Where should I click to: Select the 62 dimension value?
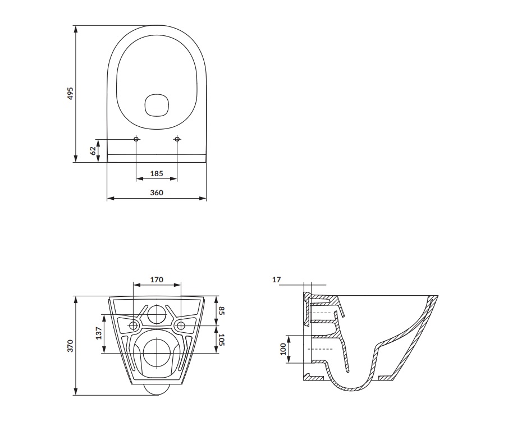(x=93, y=150)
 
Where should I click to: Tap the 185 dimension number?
(x=157, y=174)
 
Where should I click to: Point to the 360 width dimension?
(x=157, y=192)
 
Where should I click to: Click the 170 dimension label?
(x=157, y=279)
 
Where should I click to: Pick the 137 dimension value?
(x=98, y=333)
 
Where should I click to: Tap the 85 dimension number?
(x=222, y=310)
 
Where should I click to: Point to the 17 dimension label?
(x=276, y=279)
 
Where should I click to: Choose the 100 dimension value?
(x=283, y=349)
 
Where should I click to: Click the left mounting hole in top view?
(x=136, y=139)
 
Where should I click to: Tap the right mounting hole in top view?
(x=177, y=139)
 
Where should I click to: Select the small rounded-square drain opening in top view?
(x=157, y=104)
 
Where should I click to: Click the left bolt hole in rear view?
(x=134, y=326)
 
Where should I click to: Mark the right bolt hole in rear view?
(x=181, y=326)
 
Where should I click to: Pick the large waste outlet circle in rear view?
(x=157, y=352)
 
